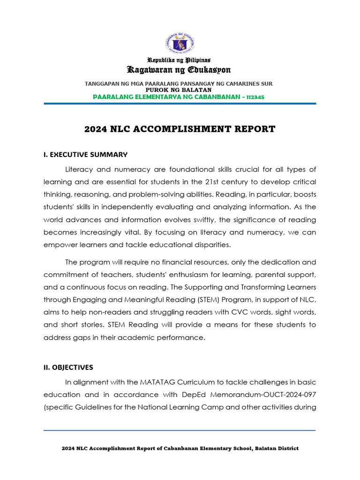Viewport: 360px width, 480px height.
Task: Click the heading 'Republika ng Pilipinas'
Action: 180,60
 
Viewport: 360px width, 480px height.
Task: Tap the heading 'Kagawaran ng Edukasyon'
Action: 180,70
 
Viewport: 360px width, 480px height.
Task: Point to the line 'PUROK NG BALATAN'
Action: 180,90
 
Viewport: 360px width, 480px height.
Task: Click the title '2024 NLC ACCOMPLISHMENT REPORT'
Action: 180,129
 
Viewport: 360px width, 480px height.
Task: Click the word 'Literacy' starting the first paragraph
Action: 79,169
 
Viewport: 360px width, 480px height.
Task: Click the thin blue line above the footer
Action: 180,430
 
